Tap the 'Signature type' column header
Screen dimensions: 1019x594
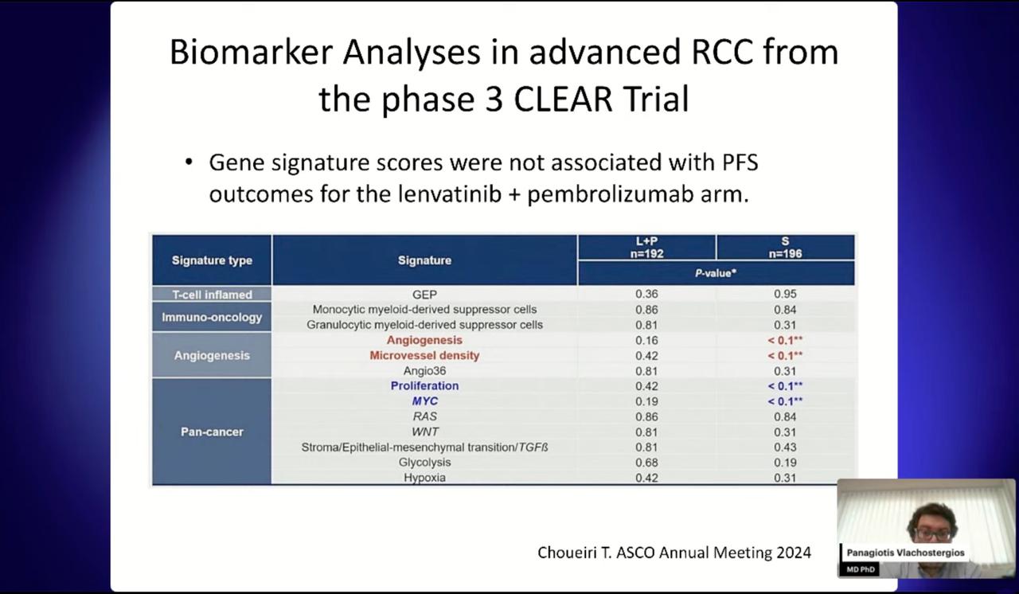pos(212,260)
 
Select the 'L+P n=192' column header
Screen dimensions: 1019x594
pos(647,248)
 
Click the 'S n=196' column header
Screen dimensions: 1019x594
pos(785,248)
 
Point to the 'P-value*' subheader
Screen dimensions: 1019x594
pos(716,273)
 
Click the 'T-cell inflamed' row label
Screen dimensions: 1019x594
pos(212,295)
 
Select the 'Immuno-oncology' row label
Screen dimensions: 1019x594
pos(212,317)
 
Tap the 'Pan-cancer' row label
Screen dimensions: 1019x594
pos(212,432)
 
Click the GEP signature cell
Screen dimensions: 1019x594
pos(424,295)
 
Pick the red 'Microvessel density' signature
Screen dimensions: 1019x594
pos(424,355)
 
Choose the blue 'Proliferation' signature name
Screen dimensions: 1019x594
pos(424,385)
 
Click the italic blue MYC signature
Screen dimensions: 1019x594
pos(424,401)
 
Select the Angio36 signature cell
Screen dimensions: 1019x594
pos(424,371)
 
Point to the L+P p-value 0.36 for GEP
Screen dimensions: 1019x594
pos(647,295)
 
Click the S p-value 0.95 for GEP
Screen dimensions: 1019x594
pos(785,295)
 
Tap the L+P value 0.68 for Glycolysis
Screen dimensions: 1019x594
pos(647,463)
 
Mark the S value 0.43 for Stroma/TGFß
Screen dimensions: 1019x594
pos(785,447)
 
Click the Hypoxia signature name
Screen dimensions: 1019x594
pos(424,478)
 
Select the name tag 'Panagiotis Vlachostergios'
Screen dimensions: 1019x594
pos(905,553)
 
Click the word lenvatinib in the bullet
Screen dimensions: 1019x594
pos(450,194)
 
